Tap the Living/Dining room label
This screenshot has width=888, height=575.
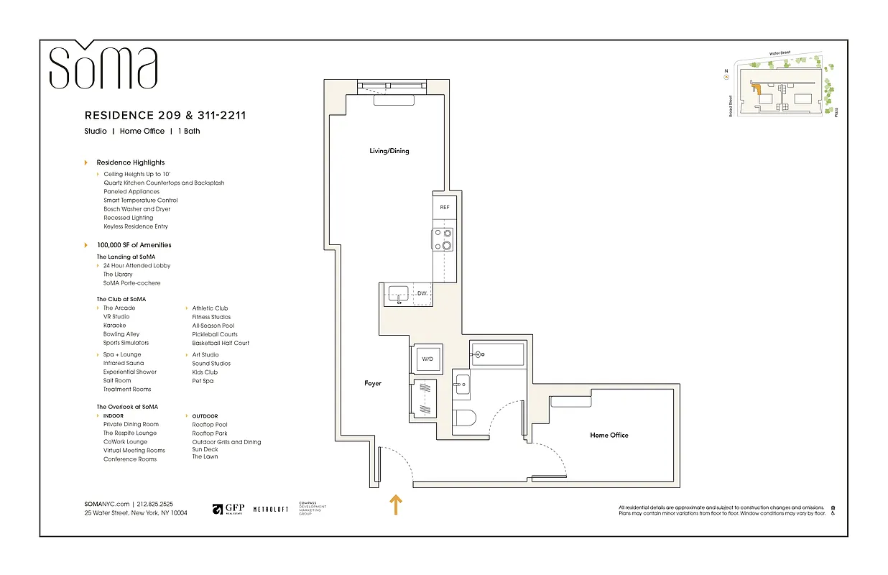coord(389,151)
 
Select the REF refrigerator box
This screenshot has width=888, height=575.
coord(444,207)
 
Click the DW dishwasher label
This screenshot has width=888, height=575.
coord(422,294)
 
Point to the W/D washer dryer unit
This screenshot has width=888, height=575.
coord(427,358)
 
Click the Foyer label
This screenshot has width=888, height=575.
coord(373,384)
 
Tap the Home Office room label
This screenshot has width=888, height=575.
coord(609,435)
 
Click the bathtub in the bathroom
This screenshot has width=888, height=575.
coord(498,354)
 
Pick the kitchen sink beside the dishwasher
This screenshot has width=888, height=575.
coord(397,294)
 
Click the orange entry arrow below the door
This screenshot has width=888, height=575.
coord(395,505)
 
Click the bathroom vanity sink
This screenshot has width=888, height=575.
coord(461,385)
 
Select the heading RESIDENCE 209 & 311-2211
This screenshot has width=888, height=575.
coord(165,115)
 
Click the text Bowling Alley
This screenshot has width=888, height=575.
coord(121,334)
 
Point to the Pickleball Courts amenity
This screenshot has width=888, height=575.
coord(214,334)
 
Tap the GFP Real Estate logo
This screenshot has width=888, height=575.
coord(228,508)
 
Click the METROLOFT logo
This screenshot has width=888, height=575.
coord(271,509)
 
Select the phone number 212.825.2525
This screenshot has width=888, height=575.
coord(155,505)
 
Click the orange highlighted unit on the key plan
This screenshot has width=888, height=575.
coord(756,89)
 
